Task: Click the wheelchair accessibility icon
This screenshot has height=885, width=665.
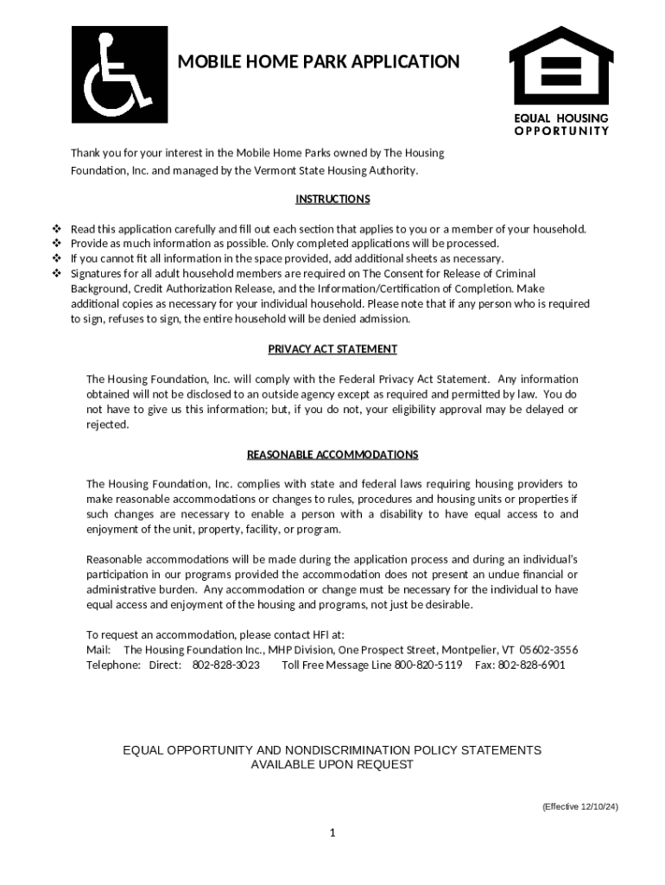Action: point(119,74)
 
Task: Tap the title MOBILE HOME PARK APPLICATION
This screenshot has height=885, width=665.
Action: point(318,62)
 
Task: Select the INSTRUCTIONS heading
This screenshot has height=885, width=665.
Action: point(332,200)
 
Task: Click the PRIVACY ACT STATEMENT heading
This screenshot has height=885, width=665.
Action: point(332,349)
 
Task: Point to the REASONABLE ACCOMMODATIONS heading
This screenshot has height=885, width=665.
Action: point(332,455)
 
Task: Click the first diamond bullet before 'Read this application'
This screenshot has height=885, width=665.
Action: point(57,229)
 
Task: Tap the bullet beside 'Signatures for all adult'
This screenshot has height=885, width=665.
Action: point(57,274)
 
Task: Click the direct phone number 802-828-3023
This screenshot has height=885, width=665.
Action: point(225,665)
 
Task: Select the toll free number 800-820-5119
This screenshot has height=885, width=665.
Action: point(428,665)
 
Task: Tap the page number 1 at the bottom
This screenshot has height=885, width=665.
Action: point(332,832)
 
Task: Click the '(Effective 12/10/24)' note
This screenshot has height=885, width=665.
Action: point(579,807)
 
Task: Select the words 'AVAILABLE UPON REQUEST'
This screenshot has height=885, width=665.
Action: point(332,765)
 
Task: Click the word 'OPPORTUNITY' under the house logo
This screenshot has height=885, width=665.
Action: point(561,131)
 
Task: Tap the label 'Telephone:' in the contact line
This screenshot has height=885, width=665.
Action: point(113,665)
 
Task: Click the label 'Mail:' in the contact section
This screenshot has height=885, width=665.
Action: point(98,650)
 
